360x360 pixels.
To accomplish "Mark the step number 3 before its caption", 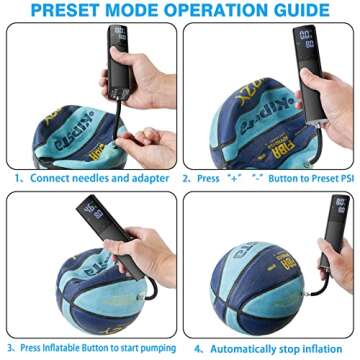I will click(11, 348).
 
